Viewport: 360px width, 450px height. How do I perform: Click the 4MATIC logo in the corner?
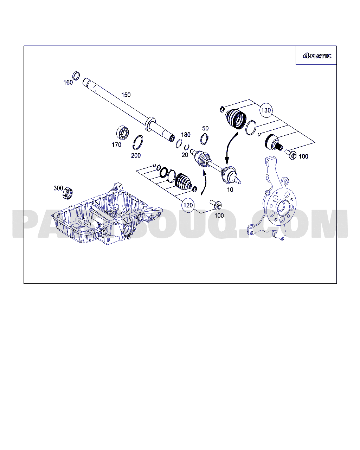click(x=317, y=56)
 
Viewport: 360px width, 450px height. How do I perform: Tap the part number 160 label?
click(x=68, y=83)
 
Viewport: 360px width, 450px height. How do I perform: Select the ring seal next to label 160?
click(x=76, y=76)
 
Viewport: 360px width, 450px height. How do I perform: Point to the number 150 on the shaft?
click(x=126, y=95)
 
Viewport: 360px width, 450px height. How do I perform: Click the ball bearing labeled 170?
click(x=122, y=133)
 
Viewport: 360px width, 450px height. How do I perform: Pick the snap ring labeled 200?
click(x=138, y=142)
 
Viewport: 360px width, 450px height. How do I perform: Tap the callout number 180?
click(x=186, y=135)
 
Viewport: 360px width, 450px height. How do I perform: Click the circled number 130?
click(x=266, y=110)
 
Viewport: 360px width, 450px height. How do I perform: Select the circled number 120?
click(x=188, y=205)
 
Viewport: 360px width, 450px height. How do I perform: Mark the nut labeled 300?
click(x=67, y=193)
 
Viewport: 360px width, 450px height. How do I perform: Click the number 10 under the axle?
click(x=230, y=189)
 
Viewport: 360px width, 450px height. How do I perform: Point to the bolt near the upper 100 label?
click(x=290, y=155)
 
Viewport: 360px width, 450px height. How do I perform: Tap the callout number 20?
click(x=185, y=155)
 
